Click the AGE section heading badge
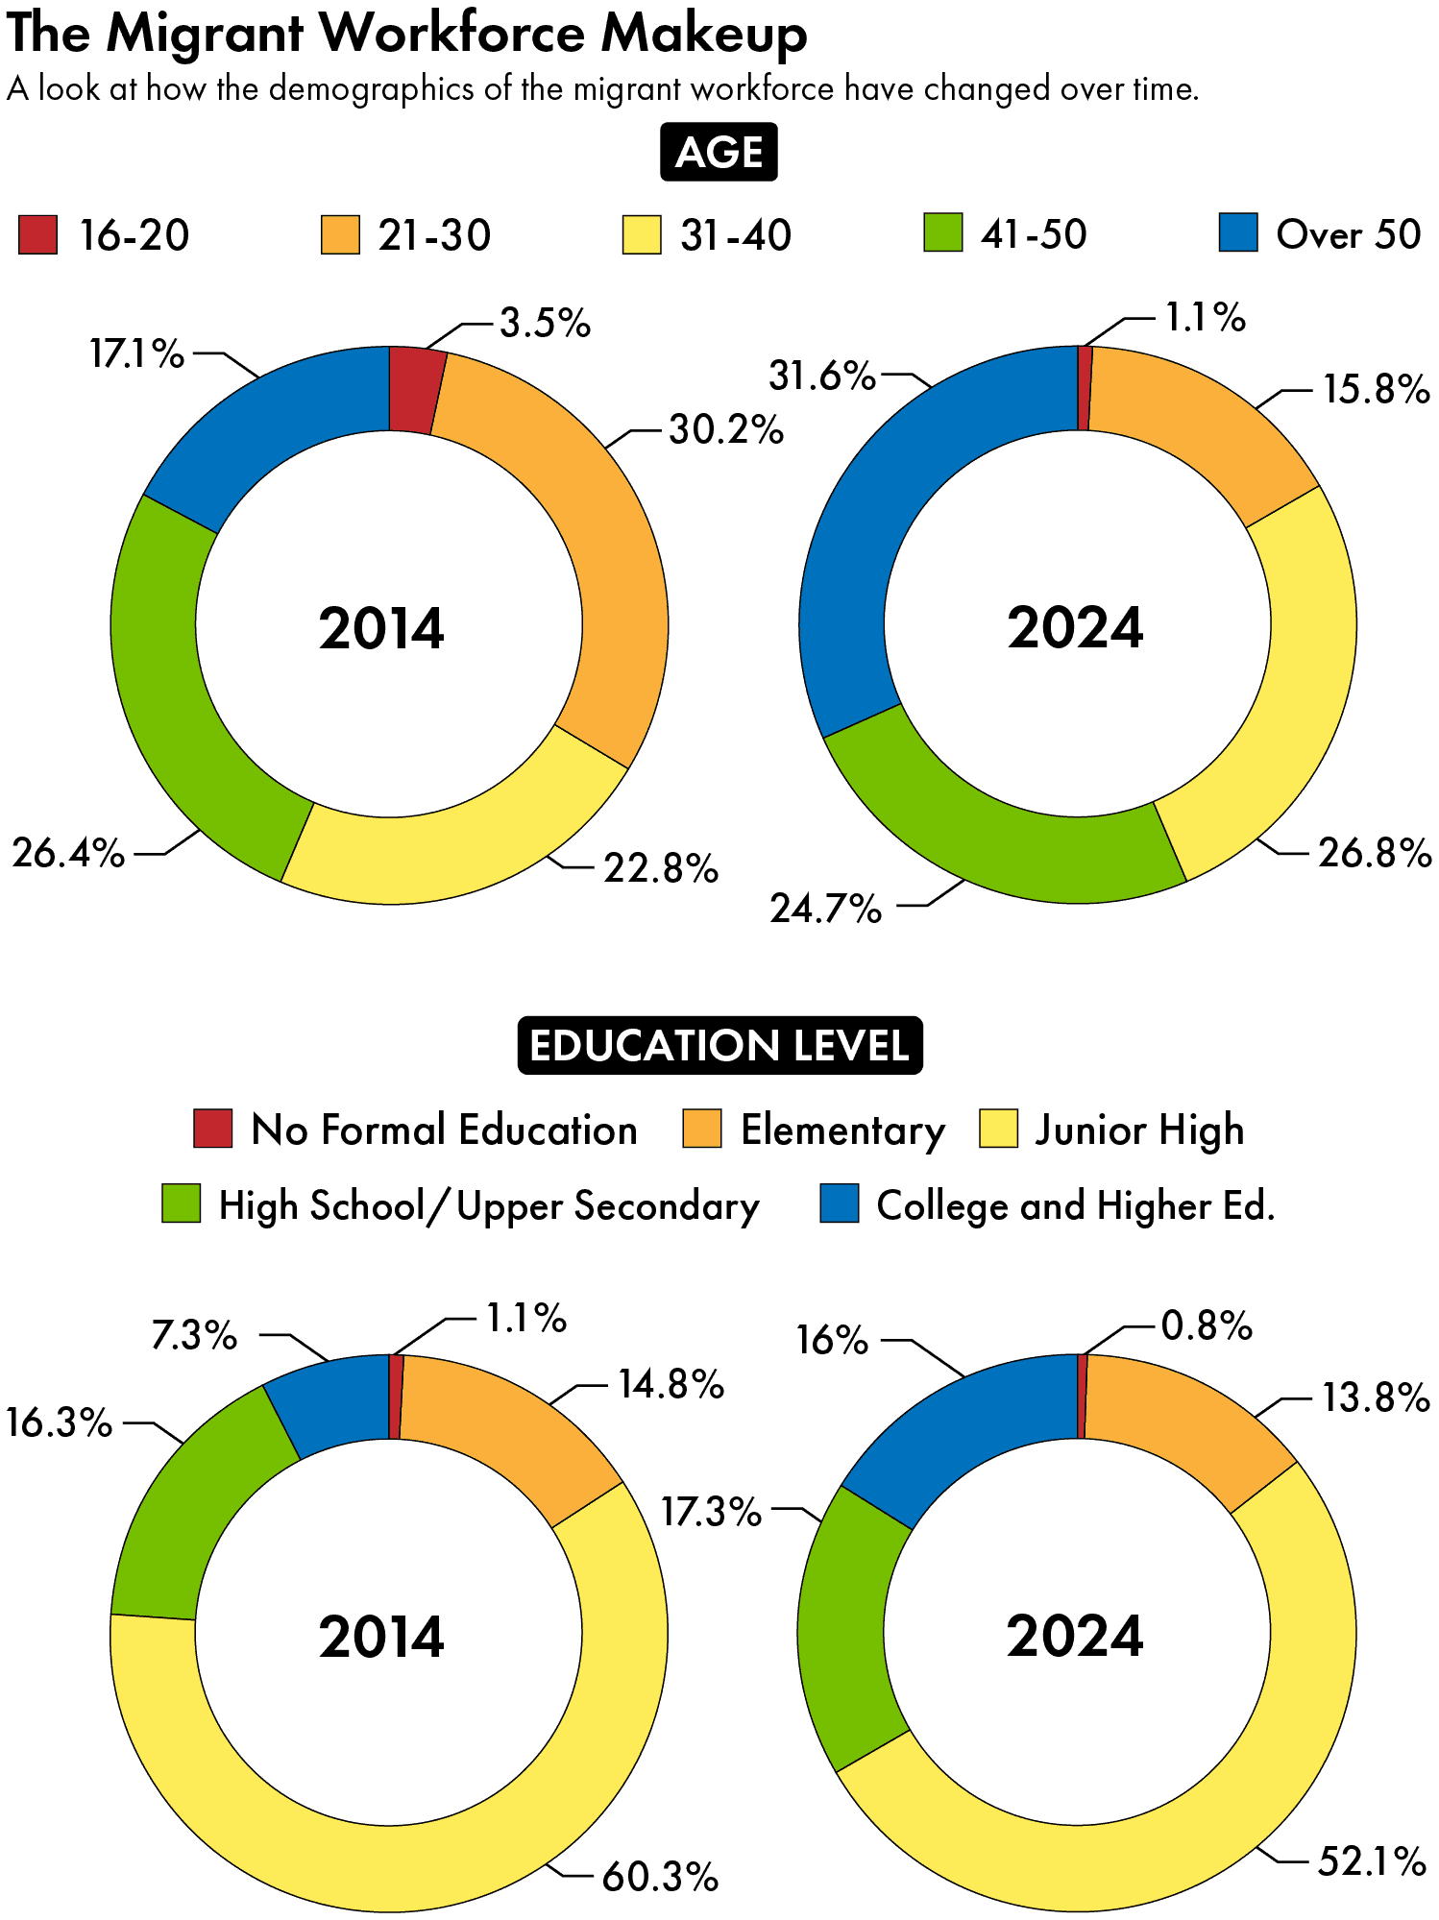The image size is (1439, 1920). coord(719,152)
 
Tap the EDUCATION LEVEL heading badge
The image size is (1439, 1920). coord(719,1045)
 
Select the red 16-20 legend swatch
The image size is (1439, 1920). coord(37,234)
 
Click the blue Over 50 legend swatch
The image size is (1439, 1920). coord(1237,232)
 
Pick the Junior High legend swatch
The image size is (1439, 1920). coord(998,1129)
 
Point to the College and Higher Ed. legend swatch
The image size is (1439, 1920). coord(839,1203)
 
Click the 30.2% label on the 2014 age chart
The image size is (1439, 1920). coord(726,429)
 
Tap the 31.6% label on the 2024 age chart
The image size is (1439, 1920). coord(822,376)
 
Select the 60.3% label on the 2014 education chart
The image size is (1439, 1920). coord(660,1876)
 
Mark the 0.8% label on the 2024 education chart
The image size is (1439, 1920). coord(1207,1326)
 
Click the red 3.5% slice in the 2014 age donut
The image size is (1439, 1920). coord(416,389)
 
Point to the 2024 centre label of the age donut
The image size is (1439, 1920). coord(1075,628)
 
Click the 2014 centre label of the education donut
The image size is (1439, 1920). coord(381,1637)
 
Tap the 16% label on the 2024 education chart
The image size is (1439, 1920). coord(832,1339)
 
